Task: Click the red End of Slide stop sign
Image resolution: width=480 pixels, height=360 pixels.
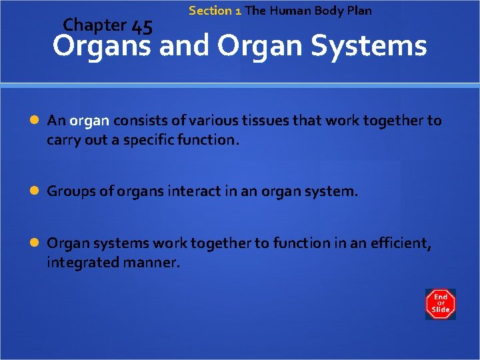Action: (x=440, y=304)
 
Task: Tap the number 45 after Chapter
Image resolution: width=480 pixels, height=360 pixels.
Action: (x=142, y=27)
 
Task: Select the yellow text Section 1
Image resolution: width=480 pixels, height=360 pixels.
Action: (x=215, y=11)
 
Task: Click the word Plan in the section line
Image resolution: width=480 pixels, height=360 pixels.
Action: (x=359, y=11)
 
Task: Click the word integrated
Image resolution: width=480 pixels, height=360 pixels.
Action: (x=80, y=263)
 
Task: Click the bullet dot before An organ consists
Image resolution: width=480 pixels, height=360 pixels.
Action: (x=35, y=121)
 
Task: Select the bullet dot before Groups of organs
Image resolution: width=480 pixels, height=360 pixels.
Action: (x=35, y=192)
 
